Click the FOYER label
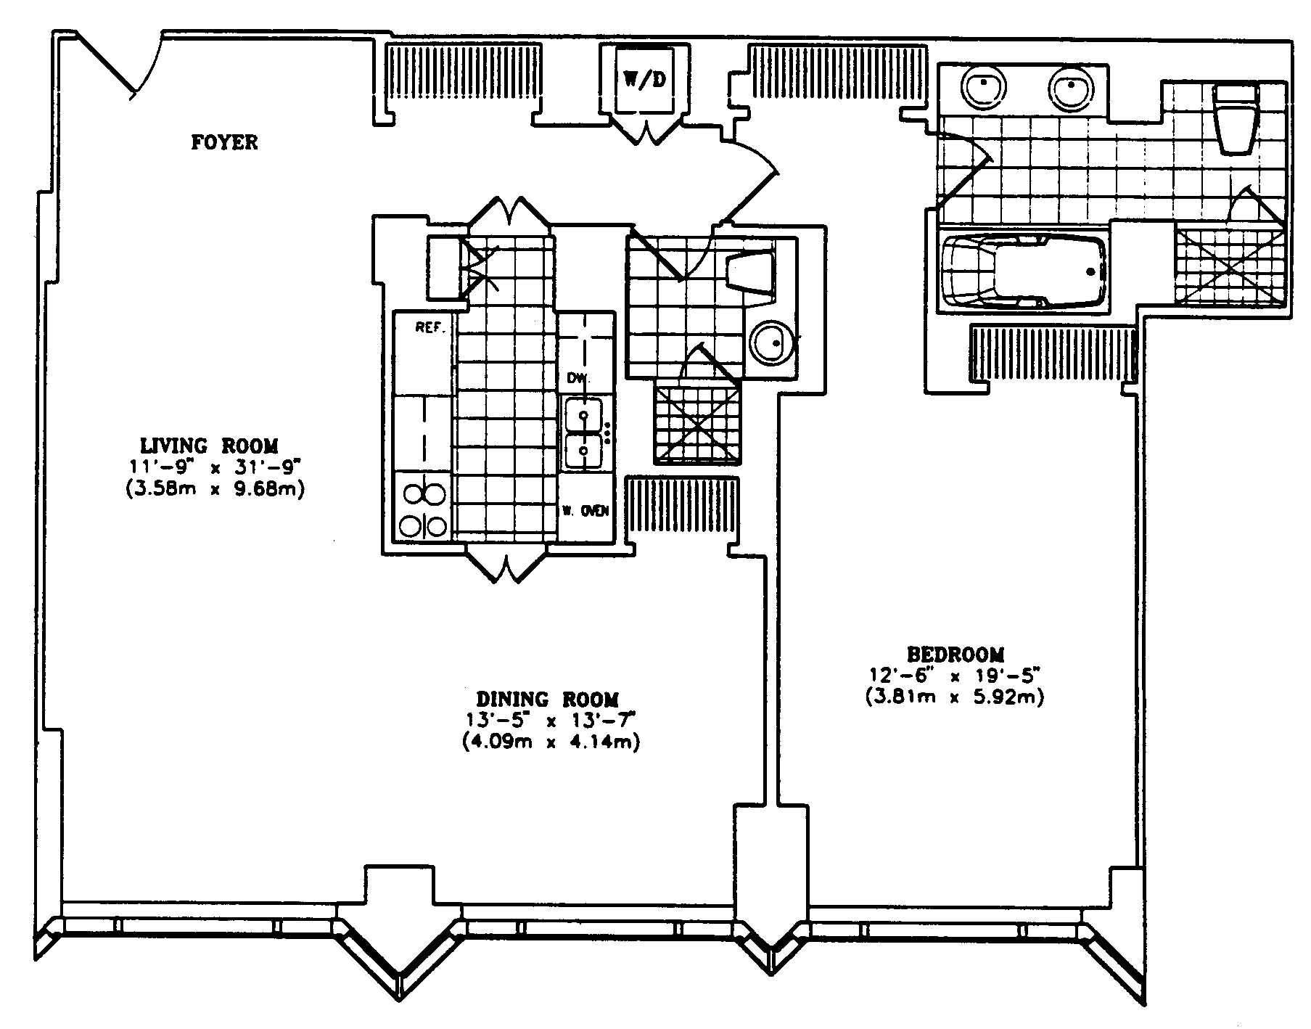point(224,142)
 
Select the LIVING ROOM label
point(209,445)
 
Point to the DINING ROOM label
point(548,700)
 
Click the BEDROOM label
point(955,655)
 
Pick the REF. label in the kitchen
point(430,327)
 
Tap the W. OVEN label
point(585,511)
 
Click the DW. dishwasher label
point(578,378)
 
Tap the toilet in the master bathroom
point(1237,119)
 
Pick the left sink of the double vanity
point(984,88)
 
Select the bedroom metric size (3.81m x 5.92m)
point(954,698)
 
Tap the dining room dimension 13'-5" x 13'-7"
point(550,721)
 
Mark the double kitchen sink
point(584,433)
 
